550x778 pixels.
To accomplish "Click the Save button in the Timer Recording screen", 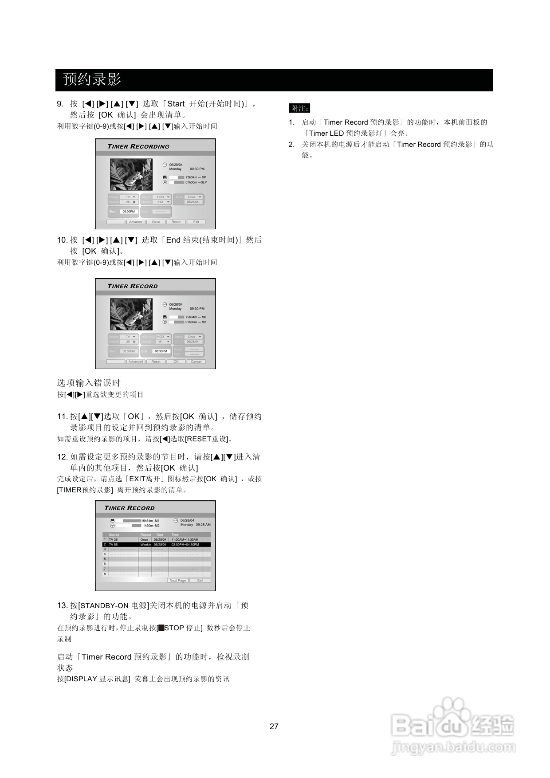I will tap(156, 222).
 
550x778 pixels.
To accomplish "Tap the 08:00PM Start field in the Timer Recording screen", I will tap(129, 212).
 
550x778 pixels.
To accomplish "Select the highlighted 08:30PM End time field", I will tap(161, 351).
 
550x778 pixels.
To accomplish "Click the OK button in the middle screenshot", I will tap(176, 361).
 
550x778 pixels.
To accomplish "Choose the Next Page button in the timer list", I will tap(178, 580).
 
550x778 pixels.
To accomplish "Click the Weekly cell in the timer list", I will tap(145, 544).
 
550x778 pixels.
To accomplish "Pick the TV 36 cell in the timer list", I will tap(114, 540).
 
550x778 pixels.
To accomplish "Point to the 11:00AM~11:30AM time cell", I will tap(185, 540).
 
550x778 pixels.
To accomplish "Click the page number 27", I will tap(274, 726).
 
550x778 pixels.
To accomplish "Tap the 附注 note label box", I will tap(299, 108).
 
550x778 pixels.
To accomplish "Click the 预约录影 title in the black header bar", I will tap(92, 80).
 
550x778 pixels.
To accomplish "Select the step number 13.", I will tap(62, 605).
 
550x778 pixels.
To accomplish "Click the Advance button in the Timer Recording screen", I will tap(136, 222).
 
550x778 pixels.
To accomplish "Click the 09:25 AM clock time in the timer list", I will tap(203, 525).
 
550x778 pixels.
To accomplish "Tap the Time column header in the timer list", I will tap(175, 534).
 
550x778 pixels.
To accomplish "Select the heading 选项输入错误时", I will tap(89, 383).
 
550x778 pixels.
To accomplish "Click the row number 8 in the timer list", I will tap(105, 574).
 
